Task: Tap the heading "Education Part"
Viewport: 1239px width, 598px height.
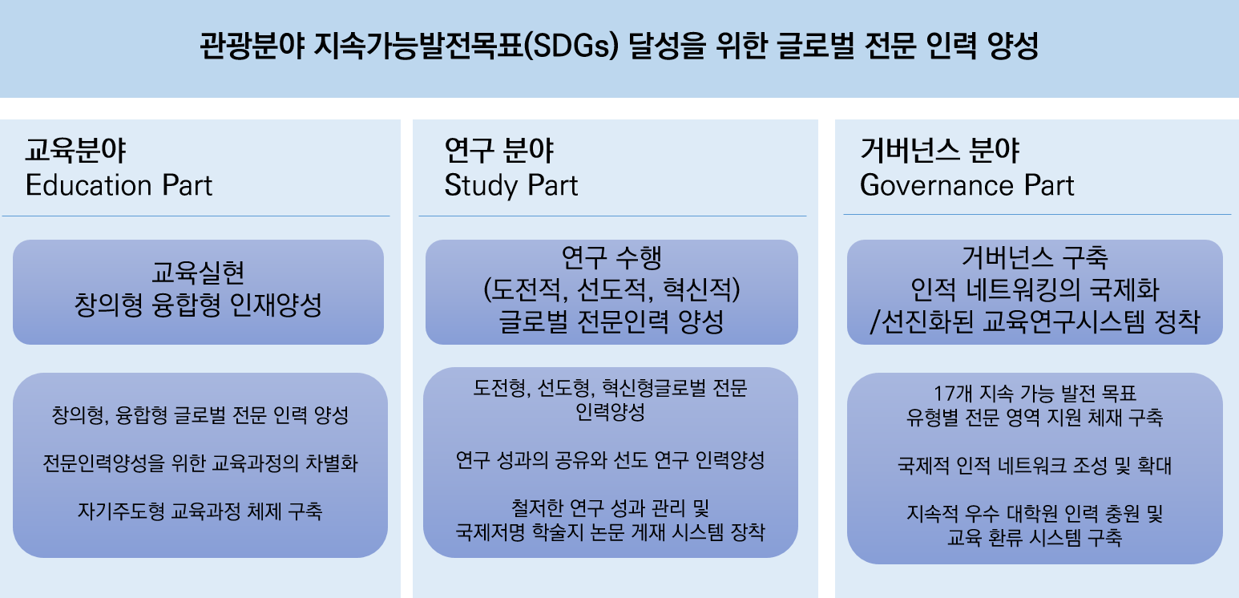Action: coord(119,184)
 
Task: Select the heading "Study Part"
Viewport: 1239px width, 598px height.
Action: coord(511,185)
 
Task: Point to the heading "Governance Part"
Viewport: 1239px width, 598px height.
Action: coord(967,184)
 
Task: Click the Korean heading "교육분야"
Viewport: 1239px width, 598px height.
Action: coord(76,151)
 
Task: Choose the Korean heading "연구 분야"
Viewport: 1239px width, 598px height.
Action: coord(499,151)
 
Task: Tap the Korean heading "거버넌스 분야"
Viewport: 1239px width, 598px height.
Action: coord(940,151)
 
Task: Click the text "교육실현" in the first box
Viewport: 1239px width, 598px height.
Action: coord(198,273)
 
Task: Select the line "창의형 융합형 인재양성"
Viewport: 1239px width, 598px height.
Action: coord(198,305)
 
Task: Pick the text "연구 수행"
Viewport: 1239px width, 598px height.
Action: coord(611,257)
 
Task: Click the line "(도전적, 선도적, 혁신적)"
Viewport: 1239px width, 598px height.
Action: coord(611,289)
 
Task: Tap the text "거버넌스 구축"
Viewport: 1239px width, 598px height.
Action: coord(1035,257)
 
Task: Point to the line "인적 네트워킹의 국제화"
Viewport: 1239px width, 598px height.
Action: coord(1035,289)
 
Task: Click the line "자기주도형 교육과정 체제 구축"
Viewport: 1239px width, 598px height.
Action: coord(200,511)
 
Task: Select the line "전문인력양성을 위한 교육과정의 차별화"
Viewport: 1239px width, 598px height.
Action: coord(200,463)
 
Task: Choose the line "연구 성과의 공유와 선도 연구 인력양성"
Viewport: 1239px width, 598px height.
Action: coord(610,460)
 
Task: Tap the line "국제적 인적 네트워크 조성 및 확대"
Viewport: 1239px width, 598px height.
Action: coord(1035,465)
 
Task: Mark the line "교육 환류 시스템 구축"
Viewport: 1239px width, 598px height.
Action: coord(1035,537)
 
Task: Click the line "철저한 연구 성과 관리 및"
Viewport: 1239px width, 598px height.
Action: coord(610,508)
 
